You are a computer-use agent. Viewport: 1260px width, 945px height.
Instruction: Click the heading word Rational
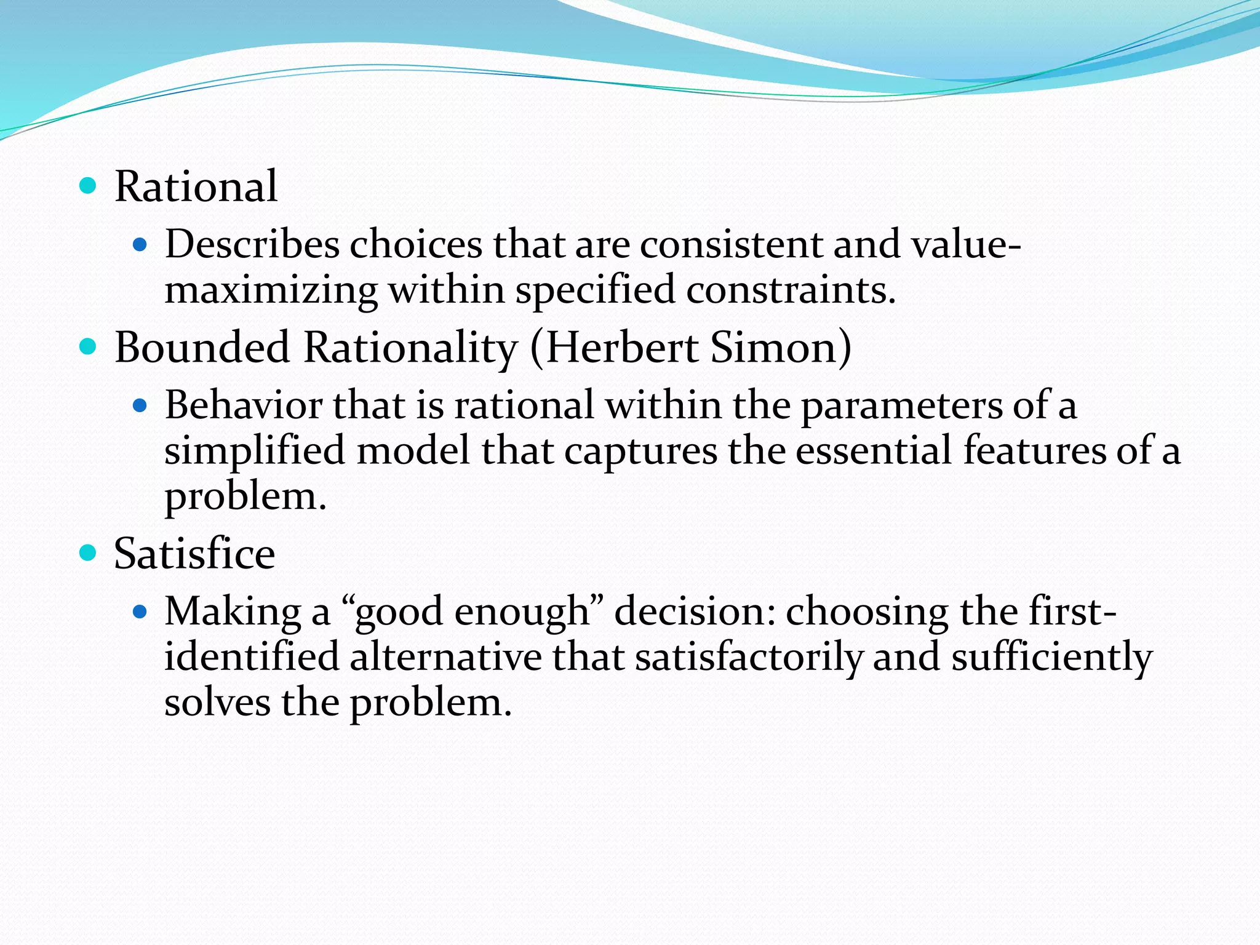click(196, 186)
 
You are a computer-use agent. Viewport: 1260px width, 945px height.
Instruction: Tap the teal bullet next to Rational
click(89, 185)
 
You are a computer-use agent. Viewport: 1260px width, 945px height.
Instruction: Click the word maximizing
click(271, 290)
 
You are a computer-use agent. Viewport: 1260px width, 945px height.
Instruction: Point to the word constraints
click(790, 290)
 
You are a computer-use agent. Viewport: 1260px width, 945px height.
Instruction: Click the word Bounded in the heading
click(202, 348)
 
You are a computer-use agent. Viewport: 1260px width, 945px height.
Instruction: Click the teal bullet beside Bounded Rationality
click(89, 346)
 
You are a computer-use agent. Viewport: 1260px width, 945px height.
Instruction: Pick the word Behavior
click(244, 406)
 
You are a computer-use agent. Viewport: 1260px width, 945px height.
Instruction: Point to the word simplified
click(255, 452)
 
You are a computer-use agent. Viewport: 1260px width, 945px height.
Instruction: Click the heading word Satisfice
click(194, 554)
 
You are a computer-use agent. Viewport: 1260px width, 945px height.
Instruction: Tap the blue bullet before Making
click(141, 612)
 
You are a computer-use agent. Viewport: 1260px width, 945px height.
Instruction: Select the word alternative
click(445, 657)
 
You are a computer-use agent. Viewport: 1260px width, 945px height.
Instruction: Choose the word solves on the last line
click(217, 703)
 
